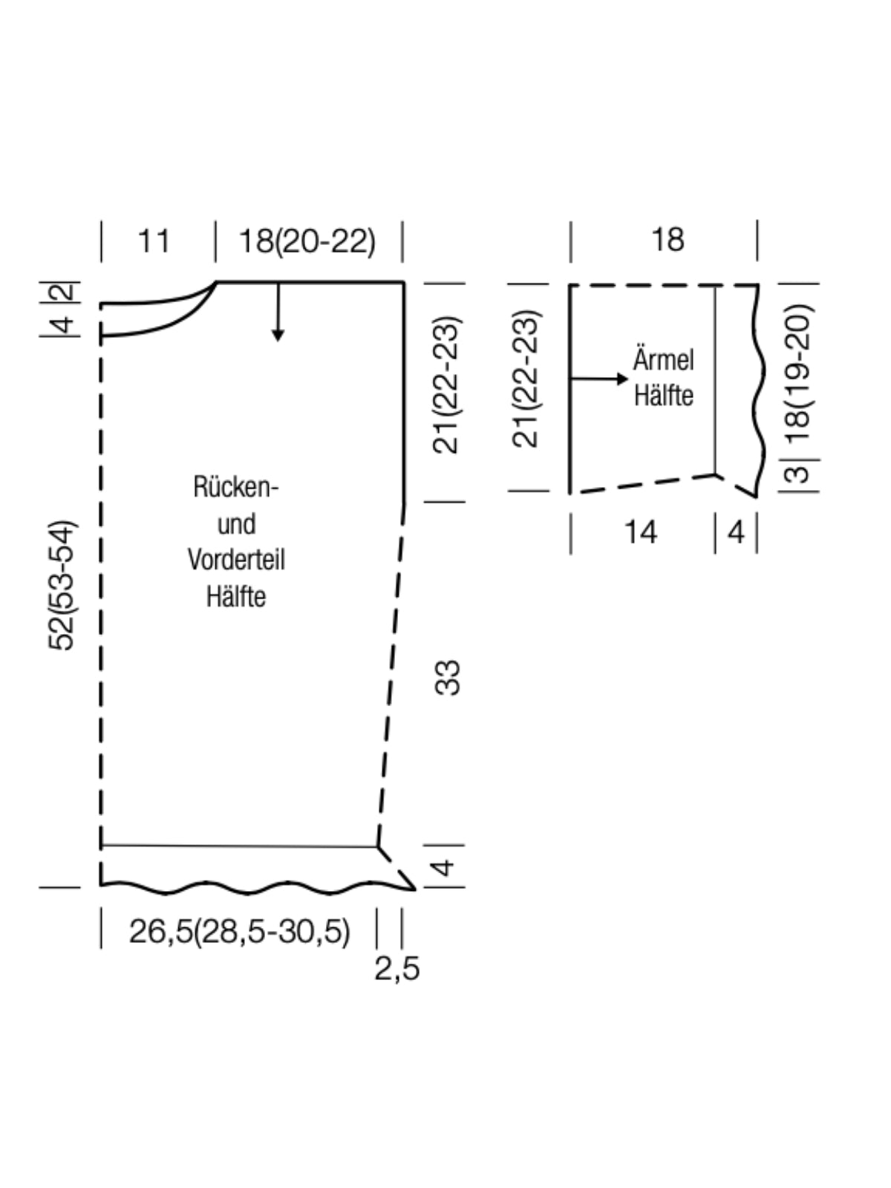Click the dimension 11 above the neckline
coord(154,241)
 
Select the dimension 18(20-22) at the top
coord(307,241)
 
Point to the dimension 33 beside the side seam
coord(448,677)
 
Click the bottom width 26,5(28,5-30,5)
coord(239,931)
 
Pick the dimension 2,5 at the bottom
coord(396,969)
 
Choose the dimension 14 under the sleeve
coord(640,532)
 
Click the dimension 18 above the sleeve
coord(667,240)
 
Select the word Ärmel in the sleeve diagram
coord(663,361)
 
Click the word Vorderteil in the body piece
coord(236,560)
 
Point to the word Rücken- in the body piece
coord(236,487)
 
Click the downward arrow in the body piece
coord(278,315)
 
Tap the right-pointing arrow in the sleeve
coord(601,379)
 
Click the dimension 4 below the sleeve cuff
coord(736,532)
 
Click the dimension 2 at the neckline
coord(67,290)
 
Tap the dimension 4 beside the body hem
coord(443,866)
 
